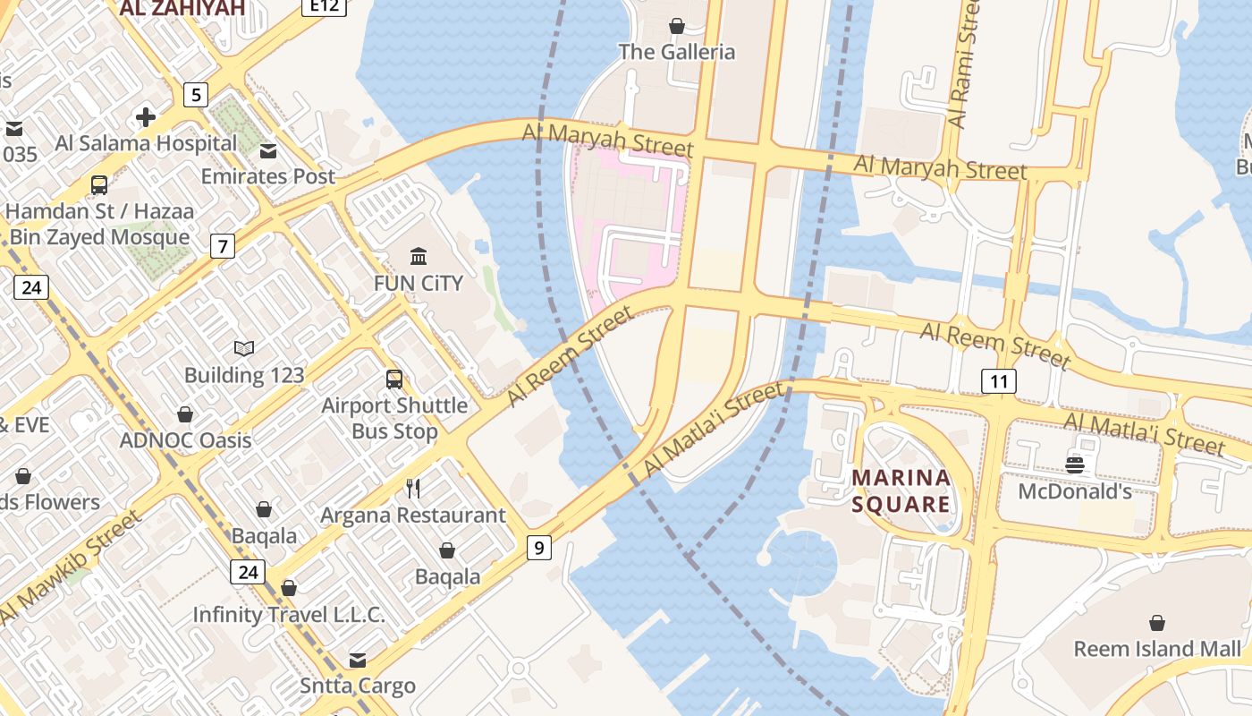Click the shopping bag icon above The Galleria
(677, 26)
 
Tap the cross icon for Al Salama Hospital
(145, 117)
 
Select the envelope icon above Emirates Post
(268, 150)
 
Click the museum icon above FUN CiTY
(418, 257)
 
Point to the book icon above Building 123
(244, 348)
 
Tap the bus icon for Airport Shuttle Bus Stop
(394, 379)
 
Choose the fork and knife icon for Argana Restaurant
(413, 488)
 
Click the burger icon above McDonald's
(1075, 465)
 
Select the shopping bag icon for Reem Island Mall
(1157, 622)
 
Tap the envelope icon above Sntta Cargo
(358, 661)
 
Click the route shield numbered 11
(999, 382)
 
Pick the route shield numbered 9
(538, 547)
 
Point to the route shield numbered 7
(223, 245)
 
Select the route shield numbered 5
(195, 94)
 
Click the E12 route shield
(324, 6)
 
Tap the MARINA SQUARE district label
(901, 491)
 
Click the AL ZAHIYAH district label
(182, 9)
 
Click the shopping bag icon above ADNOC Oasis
(185, 414)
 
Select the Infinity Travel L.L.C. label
(289, 615)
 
